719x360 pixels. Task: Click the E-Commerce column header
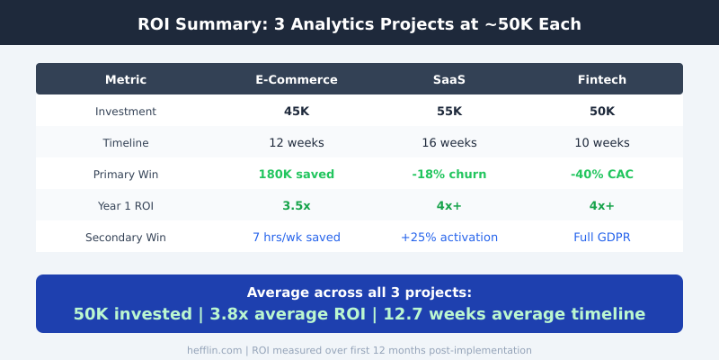297,79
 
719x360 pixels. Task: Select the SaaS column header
449,79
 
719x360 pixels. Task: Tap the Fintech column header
602,79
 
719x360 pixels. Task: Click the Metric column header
126,79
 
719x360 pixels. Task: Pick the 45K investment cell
297,112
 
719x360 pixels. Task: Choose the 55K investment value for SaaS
449,112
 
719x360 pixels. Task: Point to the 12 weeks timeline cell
297,143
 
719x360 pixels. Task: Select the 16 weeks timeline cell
449,143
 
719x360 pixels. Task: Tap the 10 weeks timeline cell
602,143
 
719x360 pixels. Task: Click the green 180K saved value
297,175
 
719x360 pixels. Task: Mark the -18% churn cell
449,175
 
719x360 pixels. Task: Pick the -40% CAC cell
602,175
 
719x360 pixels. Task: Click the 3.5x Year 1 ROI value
297,206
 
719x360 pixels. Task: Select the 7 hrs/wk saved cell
297,238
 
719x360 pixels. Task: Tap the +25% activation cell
449,238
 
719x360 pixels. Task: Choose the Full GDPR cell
602,238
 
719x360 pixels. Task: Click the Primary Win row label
126,175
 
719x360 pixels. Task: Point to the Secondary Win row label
126,238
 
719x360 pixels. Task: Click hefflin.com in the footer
214,350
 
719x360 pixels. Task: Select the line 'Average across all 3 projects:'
359,292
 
